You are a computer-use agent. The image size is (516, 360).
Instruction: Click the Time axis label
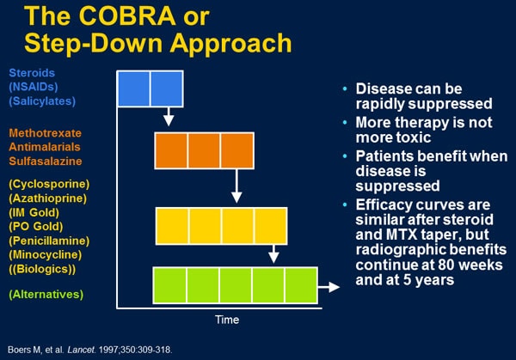pyautogui.click(x=227, y=319)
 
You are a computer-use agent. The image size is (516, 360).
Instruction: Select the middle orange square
pyautogui.click(x=204, y=150)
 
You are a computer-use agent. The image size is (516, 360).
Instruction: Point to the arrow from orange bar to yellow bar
pyautogui.click(x=236, y=186)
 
